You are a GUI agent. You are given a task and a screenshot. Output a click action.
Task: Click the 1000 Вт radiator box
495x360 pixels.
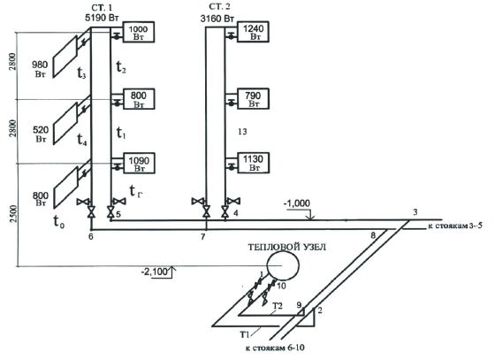pos(139,32)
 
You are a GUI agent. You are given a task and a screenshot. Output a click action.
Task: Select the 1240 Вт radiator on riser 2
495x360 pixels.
pos(253,32)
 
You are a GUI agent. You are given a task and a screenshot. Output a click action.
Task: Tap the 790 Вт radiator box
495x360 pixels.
pos(253,99)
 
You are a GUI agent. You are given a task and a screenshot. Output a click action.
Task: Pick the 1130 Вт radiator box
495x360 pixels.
pos(253,163)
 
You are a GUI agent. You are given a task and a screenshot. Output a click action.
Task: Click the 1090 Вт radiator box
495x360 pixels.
pos(139,163)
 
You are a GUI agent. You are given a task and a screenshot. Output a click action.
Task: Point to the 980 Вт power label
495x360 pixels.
pos(40,69)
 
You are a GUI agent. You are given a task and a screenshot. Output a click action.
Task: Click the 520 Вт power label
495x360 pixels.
pos(41,134)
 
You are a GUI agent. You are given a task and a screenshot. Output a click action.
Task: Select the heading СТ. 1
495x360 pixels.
pos(102,7)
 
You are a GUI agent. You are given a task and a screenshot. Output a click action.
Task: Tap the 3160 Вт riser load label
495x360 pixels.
pos(217,19)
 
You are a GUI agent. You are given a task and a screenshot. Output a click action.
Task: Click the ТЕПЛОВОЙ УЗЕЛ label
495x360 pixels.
pos(286,247)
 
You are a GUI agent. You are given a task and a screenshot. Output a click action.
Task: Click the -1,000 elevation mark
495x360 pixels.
pos(297,203)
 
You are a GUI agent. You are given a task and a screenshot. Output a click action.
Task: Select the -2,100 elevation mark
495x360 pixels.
pos(155,272)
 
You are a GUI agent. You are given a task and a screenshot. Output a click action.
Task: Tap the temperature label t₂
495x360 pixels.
pos(121,67)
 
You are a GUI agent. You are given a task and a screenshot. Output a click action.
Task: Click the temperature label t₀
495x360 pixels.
pos(59,221)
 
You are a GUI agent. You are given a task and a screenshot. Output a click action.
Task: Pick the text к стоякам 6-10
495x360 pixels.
pos(275,348)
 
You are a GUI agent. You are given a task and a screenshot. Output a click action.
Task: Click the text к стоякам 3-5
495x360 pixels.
pos(455,226)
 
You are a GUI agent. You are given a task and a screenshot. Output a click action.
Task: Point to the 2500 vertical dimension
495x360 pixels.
pos(13,214)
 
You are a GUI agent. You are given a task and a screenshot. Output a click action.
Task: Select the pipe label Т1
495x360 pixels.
pos(245,334)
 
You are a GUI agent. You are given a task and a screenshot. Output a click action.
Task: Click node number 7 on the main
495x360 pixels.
pos(203,236)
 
